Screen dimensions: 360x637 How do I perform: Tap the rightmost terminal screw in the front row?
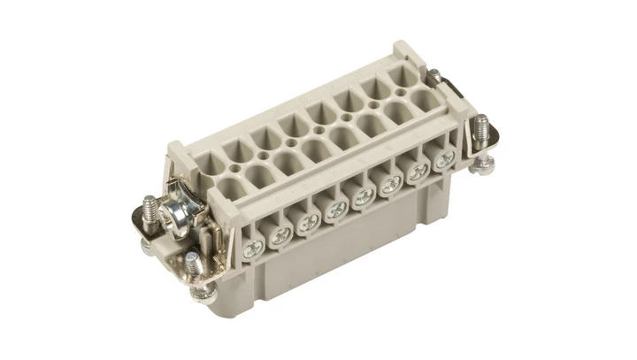(441, 161)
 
